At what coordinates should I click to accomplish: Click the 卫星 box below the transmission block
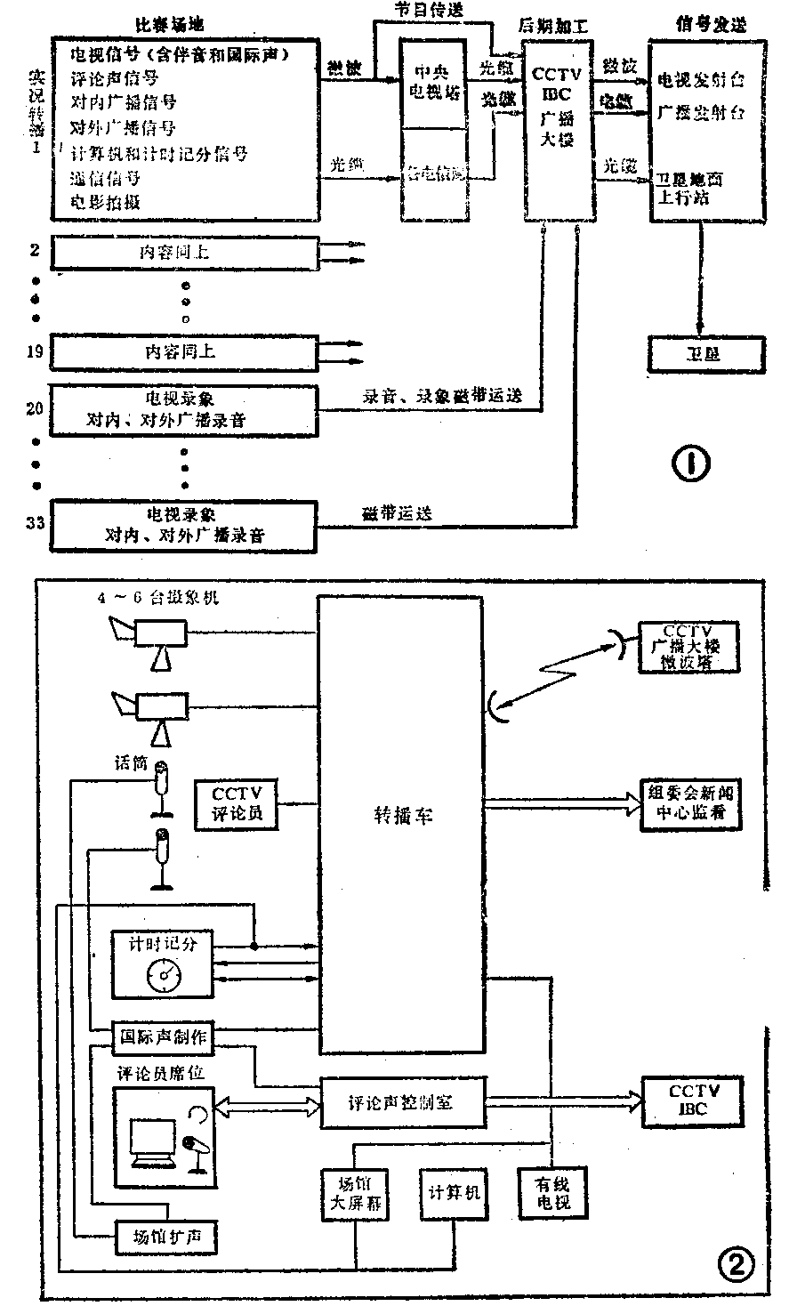click(x=705, y=353)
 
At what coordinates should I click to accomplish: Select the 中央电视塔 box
click(x=434, y=82)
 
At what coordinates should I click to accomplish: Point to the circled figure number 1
click(x=692, y=463)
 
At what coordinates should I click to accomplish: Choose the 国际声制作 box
click(x=163, y=1036)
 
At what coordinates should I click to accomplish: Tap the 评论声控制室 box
click(x=401, y=1101)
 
